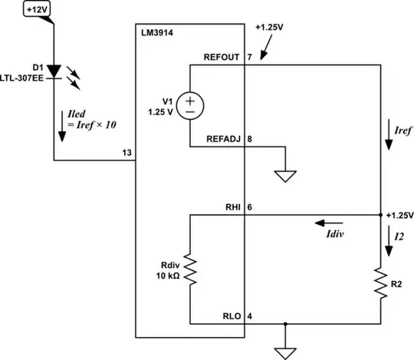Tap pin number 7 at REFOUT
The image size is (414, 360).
click(250, 58)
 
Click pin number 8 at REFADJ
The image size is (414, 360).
click(250, 139)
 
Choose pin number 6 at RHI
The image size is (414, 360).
click(250, 207)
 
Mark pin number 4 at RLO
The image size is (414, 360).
click(250, 315)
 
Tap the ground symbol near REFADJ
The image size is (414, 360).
click(284, 175)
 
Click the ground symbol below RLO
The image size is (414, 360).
click(284, 350)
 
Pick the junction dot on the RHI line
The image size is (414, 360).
click(380, 216)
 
